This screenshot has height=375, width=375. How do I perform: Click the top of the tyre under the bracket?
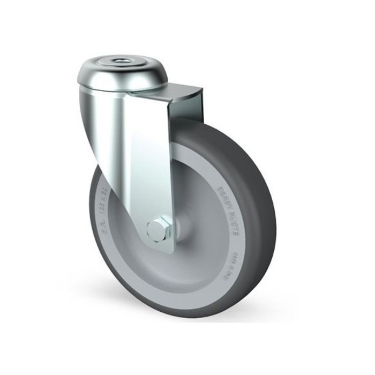pyautogui.click(x=214, y=126)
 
